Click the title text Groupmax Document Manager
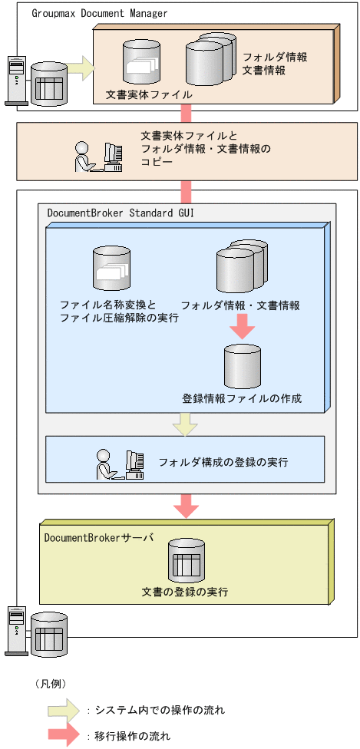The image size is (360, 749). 100,13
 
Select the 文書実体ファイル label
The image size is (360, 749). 149,95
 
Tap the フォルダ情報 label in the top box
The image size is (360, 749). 275,58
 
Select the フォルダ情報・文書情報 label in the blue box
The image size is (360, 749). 240,305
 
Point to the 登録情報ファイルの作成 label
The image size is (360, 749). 242,398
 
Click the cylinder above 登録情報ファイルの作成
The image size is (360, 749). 243,366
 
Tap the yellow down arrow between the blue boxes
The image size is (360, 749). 185,424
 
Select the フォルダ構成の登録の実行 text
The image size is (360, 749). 223,463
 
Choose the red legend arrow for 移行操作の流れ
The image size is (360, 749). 66,734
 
